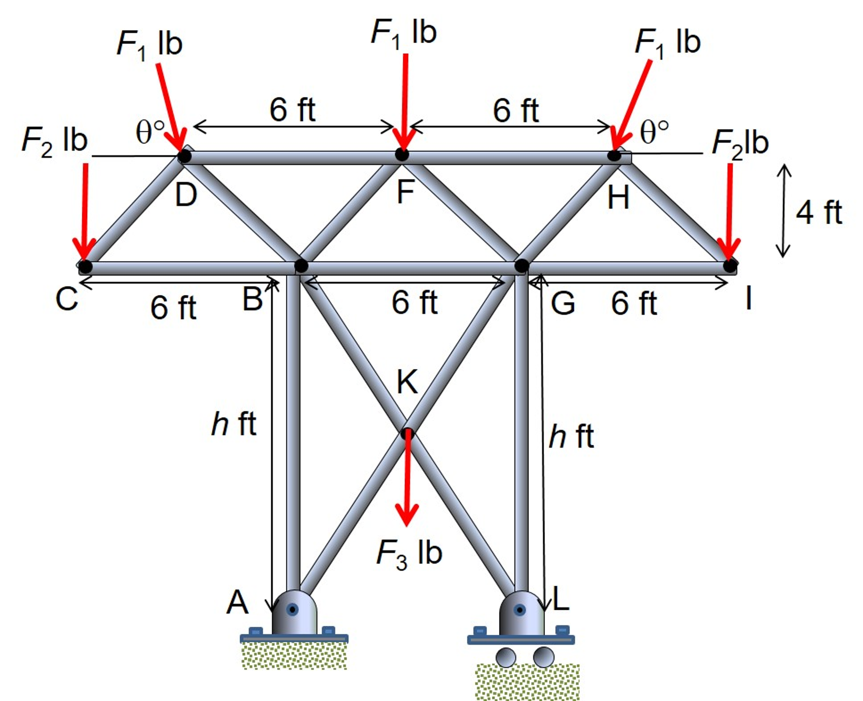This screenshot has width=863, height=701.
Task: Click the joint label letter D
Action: [186, 195]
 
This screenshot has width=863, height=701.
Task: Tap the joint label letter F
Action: [406, 192]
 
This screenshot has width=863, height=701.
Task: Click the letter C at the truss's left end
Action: [67, 299]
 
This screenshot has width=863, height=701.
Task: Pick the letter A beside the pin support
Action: [237, 603]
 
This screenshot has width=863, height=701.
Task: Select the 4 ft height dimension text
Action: [819, 212]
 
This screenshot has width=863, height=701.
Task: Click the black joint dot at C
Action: [85, 267]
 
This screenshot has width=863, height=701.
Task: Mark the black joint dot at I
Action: [730, 266]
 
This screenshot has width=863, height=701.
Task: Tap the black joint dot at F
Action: [402, 155]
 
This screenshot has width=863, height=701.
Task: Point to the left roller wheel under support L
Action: [506, 657]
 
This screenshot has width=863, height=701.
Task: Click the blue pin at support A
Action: [292, 609]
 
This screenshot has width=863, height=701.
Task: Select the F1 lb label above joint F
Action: [404, 33]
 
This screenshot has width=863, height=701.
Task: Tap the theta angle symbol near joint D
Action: [149, 132]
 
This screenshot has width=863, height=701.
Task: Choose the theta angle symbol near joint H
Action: [654, 132]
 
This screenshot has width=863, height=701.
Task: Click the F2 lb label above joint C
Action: [54, 141]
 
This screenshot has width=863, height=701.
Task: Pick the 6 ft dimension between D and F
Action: [292, 111]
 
